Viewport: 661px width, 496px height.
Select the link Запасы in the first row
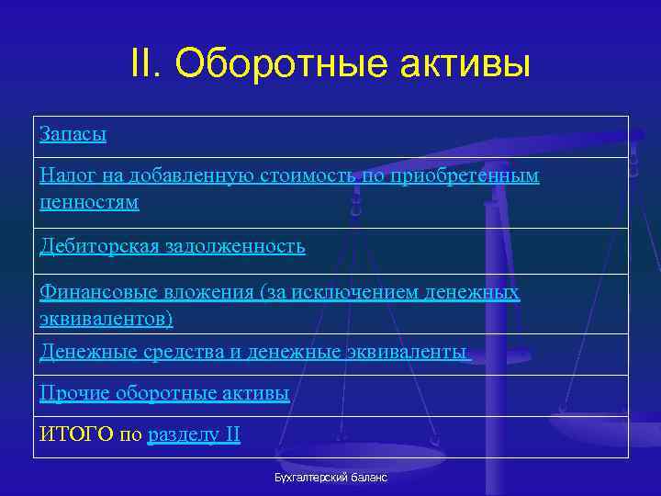pyautogui.click(x=73, y=134)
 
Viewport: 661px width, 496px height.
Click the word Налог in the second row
pyautogui.click(x=65, y=175)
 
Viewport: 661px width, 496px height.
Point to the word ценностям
pyautogui.click(x=89, y=201)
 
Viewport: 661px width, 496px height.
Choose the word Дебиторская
pyautogui.click(x=98, y=246)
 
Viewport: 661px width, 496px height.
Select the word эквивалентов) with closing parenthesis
pyautogui.click(x=106, y=318)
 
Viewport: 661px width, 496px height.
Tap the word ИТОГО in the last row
pyautogui.click(x=76, y=434)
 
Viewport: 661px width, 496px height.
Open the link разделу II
pyautogui.click(x=193, y=434)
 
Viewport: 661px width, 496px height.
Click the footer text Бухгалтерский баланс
pyautogui.click(x=330, y=478)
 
